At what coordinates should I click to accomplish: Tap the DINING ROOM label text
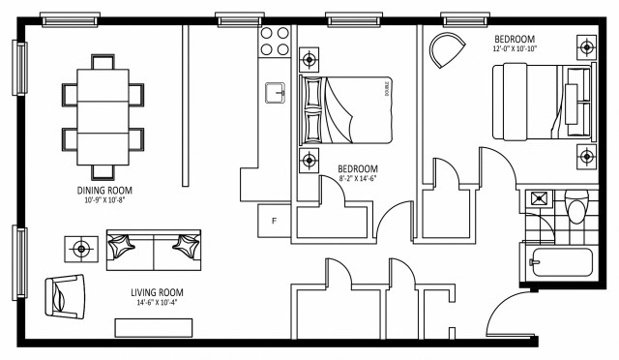104,190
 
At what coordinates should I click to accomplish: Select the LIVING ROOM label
157,292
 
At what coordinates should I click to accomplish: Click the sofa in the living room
154,250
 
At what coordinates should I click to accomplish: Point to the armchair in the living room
65,293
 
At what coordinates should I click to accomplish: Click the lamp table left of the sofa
80,249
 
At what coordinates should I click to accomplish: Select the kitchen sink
277,93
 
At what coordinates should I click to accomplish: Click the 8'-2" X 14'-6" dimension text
357,178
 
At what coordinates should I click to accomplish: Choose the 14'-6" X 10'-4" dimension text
158,303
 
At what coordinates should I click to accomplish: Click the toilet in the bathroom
576,208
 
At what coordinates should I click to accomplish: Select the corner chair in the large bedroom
446,50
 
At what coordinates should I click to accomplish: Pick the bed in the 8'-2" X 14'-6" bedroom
347,108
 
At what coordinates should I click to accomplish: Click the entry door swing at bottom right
506,319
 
